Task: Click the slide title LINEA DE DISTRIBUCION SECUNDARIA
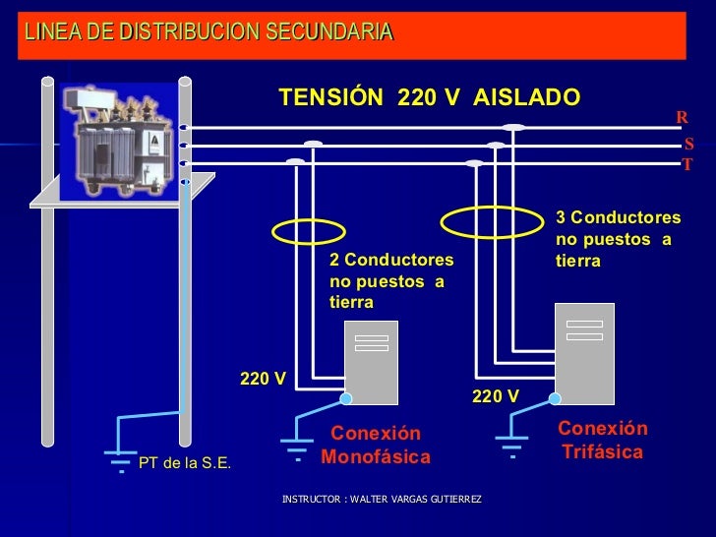[x=209, y=32]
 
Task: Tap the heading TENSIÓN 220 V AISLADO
[x=430, y=97]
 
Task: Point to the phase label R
[x=682, y=118]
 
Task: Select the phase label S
[x=689, y=145]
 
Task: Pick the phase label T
[x=687, y=164]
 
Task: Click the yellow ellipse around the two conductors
[x=308, y=231]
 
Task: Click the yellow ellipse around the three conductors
[x=492, y=222]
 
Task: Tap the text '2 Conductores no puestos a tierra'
[x=391, y=281]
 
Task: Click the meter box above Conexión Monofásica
[x=371, y=362]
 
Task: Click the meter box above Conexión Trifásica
[x=584, y=353]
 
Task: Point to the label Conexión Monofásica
[x=376, y=446]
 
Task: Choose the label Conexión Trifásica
[x=603, y=441]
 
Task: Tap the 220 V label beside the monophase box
[x=264, y=379]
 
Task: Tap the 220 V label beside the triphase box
[x=496, y=396]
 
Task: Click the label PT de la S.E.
[x=185, y=463]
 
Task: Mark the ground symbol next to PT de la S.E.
[x=120, y=458]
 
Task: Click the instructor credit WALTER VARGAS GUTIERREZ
[x=382, y=501]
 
